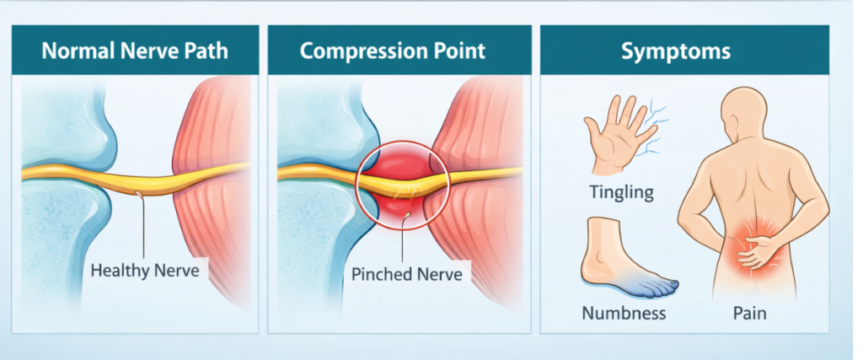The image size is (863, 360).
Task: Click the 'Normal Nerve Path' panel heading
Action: point(135,51)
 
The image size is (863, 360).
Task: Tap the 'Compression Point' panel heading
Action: point(393,51)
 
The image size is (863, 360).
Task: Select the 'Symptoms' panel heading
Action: point(675,51)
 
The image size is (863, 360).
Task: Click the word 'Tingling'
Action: point(622,192)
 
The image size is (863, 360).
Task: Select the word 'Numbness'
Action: point(624,314)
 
